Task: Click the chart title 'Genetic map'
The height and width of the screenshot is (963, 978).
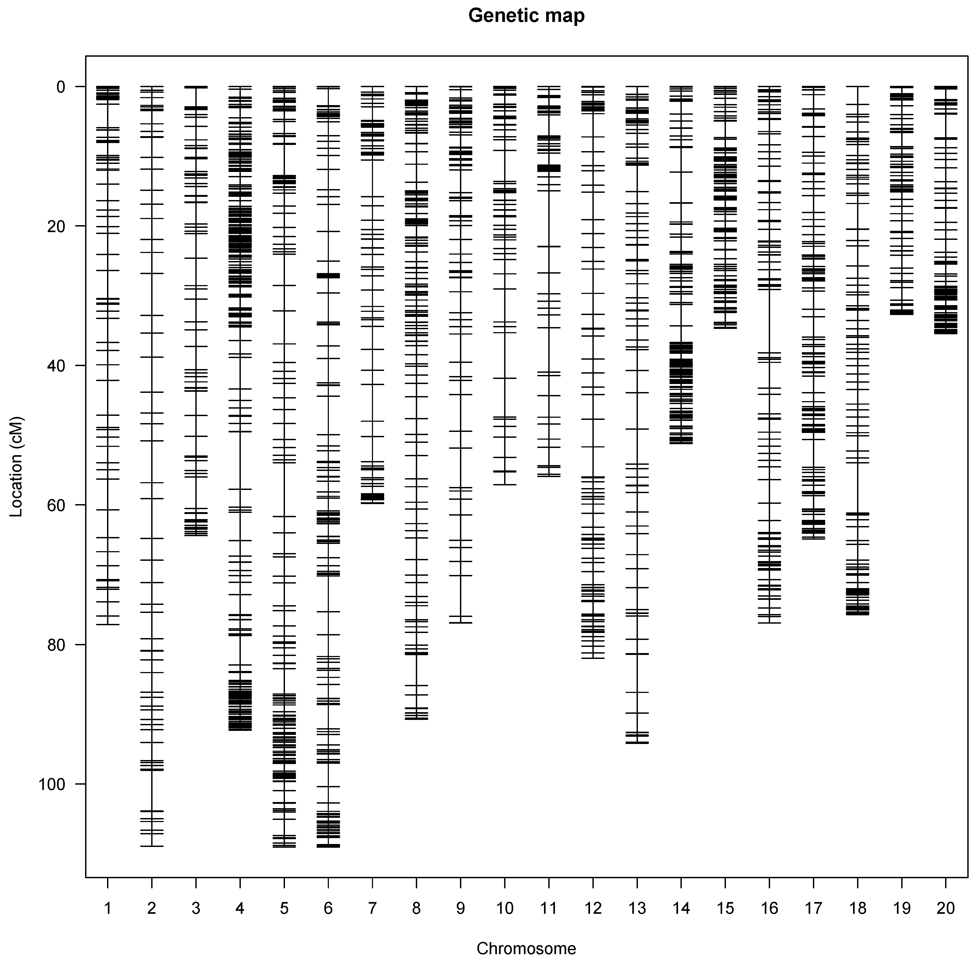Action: [526, 16]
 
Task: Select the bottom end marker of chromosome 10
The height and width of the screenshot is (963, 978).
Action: [504, 485]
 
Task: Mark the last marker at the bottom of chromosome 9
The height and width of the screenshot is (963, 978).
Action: [461, 623]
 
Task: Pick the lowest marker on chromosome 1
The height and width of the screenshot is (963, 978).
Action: [107, 625]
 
